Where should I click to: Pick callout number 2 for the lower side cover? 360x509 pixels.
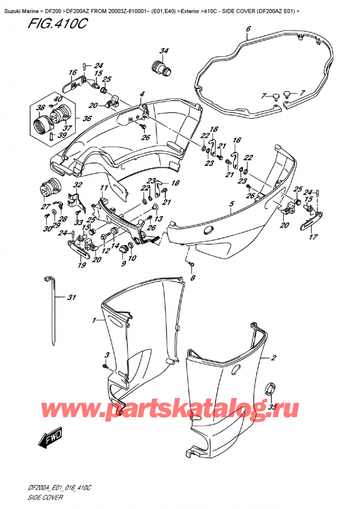pyautogui.click(x=274, y=359)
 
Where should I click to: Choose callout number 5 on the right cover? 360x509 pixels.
pyautogui.click(x=231, y=205)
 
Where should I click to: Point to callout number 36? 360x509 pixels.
pyautogui.click(x=87, y=118)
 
